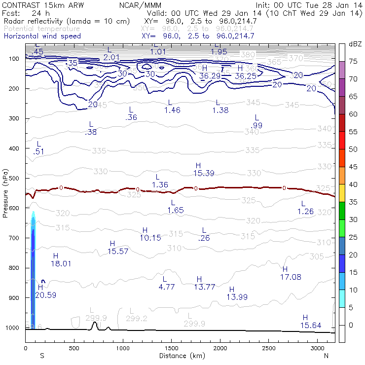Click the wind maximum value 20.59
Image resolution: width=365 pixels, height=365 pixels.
click(45, 295)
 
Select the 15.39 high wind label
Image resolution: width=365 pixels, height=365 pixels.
click(204, 173)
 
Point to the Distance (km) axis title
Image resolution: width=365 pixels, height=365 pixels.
click(180, 356)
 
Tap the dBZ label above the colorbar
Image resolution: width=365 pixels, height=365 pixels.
click(355, 44)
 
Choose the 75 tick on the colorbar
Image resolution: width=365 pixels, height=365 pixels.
click(354, 62)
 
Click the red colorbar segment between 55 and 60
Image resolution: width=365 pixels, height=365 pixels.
click(342, 123)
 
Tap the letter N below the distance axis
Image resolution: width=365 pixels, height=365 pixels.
click(326, 356)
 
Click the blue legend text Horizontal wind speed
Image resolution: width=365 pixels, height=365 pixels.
click(42, 36)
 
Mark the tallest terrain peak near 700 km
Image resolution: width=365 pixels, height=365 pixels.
click(95, 323)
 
